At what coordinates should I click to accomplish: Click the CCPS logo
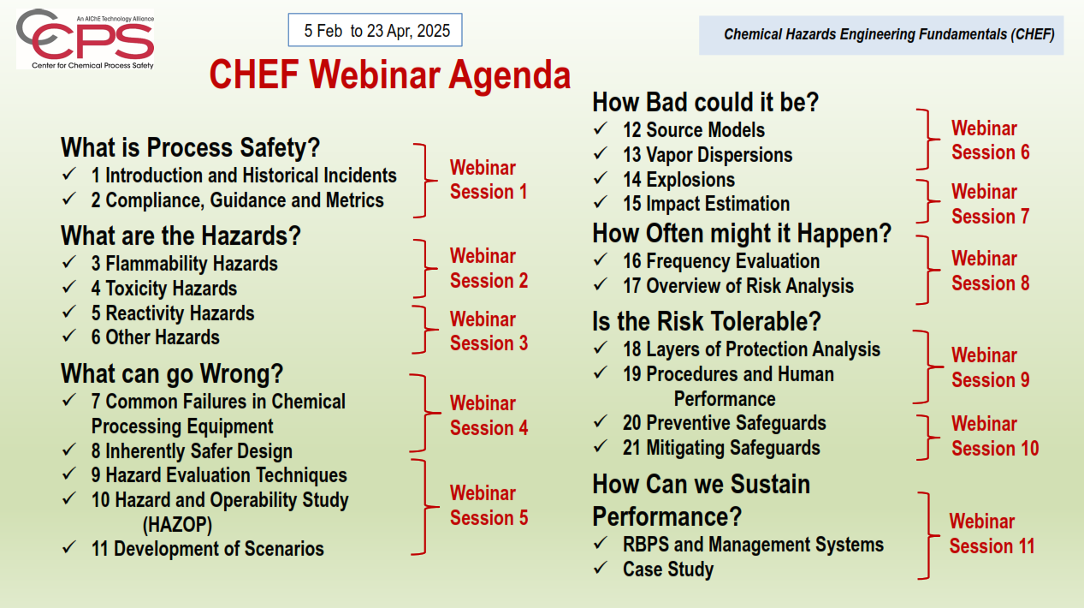86,39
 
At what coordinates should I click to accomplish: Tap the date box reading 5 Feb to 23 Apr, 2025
375,30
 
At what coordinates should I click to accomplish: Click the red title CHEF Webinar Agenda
389,75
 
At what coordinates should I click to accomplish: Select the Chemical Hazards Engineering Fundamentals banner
880,35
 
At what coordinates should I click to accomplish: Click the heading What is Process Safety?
190,147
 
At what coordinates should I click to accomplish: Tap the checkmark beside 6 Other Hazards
69,335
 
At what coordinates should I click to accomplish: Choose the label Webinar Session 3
489,331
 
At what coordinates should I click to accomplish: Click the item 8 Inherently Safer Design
192,451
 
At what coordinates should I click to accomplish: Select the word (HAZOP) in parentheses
177,525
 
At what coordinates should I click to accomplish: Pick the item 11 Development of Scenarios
208,549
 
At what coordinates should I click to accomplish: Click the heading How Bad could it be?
705,102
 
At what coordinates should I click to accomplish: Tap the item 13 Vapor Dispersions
708,155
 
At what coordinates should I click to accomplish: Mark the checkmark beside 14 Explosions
600,178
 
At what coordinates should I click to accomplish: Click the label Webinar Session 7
990,204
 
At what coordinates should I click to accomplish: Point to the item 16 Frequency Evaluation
721,261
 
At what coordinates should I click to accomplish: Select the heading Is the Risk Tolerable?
707,322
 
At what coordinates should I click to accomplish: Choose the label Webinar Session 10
995,436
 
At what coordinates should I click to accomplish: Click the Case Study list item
668,569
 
